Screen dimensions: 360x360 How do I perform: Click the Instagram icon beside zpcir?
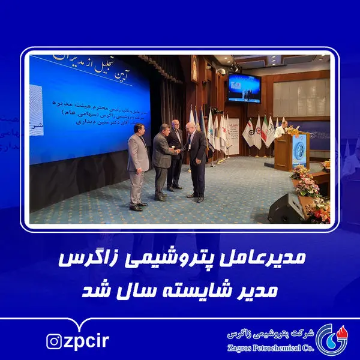tap(53, 341)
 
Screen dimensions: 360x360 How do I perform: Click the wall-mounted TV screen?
tap(244, 88)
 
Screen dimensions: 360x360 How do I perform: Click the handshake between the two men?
tap(179, 151)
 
